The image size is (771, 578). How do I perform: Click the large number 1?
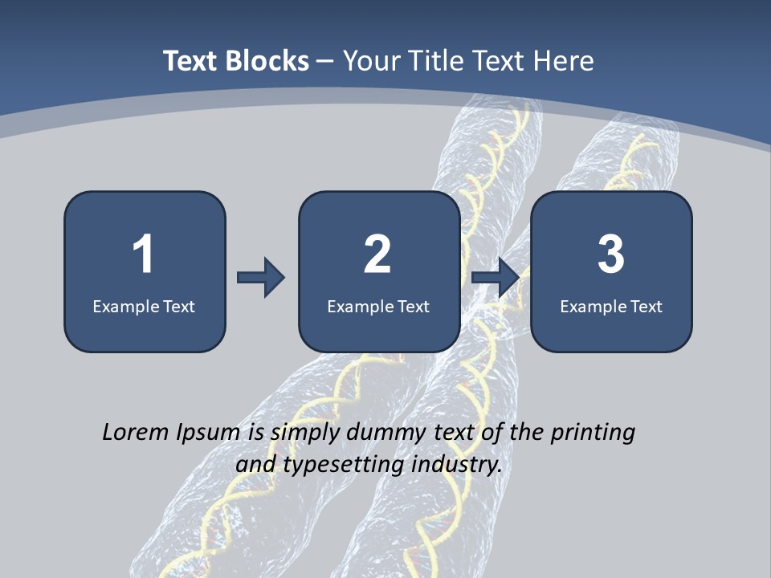point(143,254)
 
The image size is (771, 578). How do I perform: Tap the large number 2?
point(377,254)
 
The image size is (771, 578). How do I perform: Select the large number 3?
point(611,254)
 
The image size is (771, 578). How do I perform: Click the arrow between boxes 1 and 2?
point(261,278)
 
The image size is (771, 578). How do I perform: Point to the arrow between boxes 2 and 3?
point(496,278)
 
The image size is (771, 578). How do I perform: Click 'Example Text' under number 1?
point(144,306)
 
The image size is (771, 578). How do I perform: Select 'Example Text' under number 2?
point(378,306)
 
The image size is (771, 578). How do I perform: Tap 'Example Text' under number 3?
point(611,306)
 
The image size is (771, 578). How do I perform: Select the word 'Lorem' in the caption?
point(136,432)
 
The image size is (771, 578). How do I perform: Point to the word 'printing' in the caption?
point(592,433)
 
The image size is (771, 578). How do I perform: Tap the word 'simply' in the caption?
point(300,433)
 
